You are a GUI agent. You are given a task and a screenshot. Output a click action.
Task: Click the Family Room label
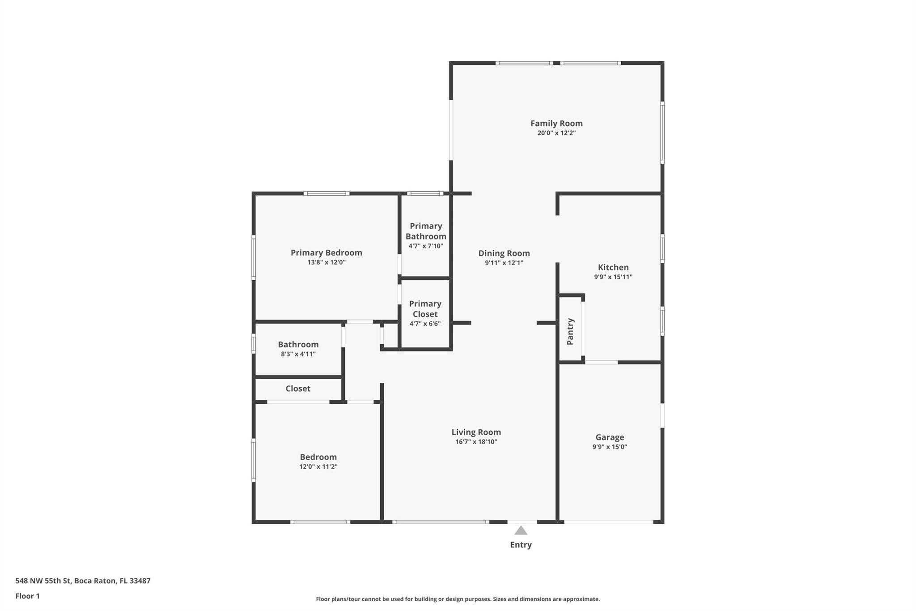tap(556, 123)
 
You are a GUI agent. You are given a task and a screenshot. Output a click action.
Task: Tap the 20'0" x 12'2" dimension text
tap(556, 133)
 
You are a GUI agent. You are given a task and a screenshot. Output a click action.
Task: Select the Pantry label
tap(570, 331)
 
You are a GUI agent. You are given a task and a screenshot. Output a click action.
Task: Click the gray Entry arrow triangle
tap(521, 531)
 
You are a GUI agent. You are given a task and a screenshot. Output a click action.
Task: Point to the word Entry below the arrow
tap(521, 545)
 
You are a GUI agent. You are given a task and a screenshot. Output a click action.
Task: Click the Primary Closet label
tap(425, 309)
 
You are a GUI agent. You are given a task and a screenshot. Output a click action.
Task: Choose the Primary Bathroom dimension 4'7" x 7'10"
tap(426, 246)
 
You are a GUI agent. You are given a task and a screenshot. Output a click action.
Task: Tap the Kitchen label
tap(613, 267)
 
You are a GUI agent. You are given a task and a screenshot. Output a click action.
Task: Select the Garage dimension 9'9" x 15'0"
tap(610, 447)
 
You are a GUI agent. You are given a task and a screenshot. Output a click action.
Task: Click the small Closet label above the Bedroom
tap(298, 389)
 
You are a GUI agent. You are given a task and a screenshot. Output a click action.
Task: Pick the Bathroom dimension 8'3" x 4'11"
tap(298, 354)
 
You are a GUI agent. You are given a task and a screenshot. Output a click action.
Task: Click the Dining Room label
tap(504, 253)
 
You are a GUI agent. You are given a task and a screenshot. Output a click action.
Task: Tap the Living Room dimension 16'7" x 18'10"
tap(476, 442)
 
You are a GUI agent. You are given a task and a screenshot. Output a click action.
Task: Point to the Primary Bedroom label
tap(327, 252)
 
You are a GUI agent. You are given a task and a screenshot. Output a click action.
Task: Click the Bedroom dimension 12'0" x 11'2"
tap(318, 466)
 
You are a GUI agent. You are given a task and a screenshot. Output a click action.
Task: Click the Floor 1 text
tap(28, 596)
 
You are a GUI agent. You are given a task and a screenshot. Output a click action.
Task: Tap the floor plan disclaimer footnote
tap(458, 599)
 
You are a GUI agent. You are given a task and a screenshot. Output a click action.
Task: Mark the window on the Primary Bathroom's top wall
tap(425, 193)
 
